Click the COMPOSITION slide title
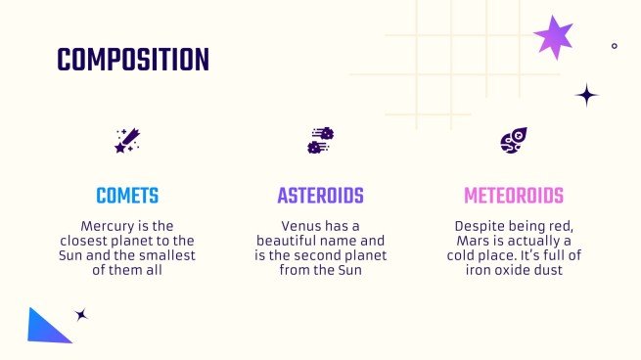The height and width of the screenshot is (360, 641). click(133, 61)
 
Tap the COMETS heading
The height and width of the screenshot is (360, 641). click(127, 196)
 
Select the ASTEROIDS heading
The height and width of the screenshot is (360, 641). click(320, 196)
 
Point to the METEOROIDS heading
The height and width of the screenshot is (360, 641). click(514, 196)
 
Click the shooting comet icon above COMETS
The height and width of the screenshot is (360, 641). click(127, 141)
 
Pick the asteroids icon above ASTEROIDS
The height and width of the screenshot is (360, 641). click(320, 141)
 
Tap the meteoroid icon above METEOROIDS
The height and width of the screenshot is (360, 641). click(514, 141)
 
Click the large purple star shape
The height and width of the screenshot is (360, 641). click(554, 37)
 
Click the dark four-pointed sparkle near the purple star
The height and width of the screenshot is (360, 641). click(586, 95)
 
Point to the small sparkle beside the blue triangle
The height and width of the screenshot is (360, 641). click(81, 315)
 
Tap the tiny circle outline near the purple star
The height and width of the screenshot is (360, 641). click(614, 45)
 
